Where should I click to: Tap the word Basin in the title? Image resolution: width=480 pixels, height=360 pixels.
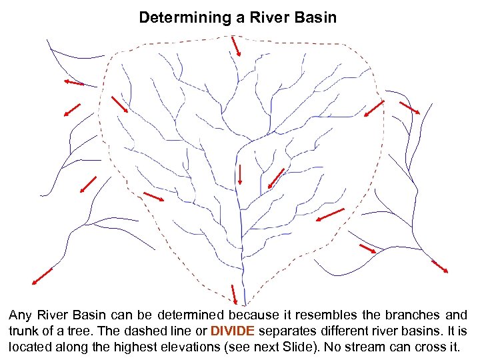(x=314, y=17)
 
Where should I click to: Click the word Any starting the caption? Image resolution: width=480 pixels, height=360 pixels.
(x=20, y=315)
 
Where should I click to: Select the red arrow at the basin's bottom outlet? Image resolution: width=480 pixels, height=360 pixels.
(x=234, y=294)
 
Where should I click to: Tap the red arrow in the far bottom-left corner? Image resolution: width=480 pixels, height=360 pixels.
(x=42, y=275)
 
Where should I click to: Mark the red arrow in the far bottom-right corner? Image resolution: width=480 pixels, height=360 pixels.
(x=439, y=267)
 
